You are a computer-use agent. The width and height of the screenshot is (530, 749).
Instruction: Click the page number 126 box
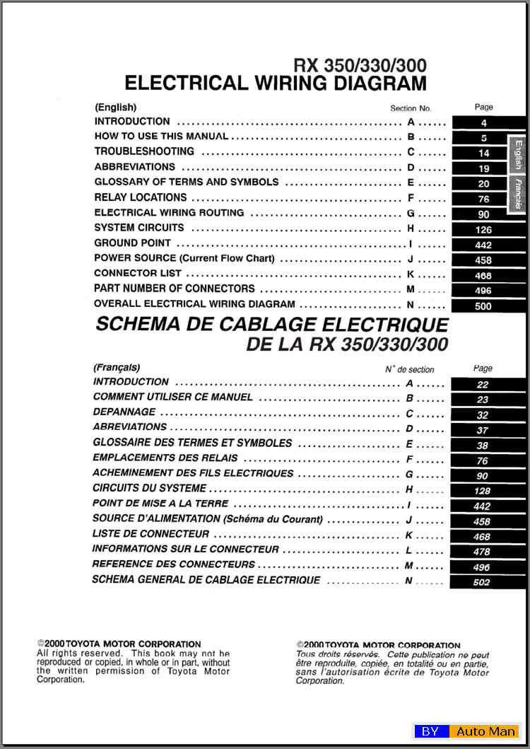tap(484, 229)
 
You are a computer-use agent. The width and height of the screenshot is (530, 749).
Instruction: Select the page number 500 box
tap(484, 306)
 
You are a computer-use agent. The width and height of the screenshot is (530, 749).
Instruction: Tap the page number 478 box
tap(482, 552)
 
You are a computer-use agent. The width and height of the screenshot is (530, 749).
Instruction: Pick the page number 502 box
tap(482, 583)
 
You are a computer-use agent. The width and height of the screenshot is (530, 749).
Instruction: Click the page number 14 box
tap(484, 153)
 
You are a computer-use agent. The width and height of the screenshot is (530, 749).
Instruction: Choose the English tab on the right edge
tap(518, 154)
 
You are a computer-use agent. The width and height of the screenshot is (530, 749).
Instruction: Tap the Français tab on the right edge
tap(518, 193)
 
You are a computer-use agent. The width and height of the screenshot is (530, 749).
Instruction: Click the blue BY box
tap(430, 731)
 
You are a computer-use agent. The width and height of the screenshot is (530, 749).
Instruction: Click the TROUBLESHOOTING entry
tap(144, 151)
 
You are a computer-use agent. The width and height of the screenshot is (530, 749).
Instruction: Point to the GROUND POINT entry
tap(133, 243)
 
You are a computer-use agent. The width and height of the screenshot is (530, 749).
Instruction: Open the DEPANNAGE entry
tap(124, 412)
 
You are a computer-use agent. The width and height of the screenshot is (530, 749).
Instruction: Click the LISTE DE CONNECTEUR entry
tap(151, 534)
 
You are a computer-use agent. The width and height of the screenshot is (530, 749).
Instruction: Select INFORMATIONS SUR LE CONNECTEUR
tap(186, 549)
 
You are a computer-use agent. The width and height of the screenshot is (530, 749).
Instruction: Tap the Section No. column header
tap(410, 109)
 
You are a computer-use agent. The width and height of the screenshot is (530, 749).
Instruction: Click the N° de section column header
tap(409, 369)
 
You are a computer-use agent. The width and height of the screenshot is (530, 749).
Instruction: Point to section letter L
tap(408, 550)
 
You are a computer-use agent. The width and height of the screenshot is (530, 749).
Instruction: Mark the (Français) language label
tap(117, 368)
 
